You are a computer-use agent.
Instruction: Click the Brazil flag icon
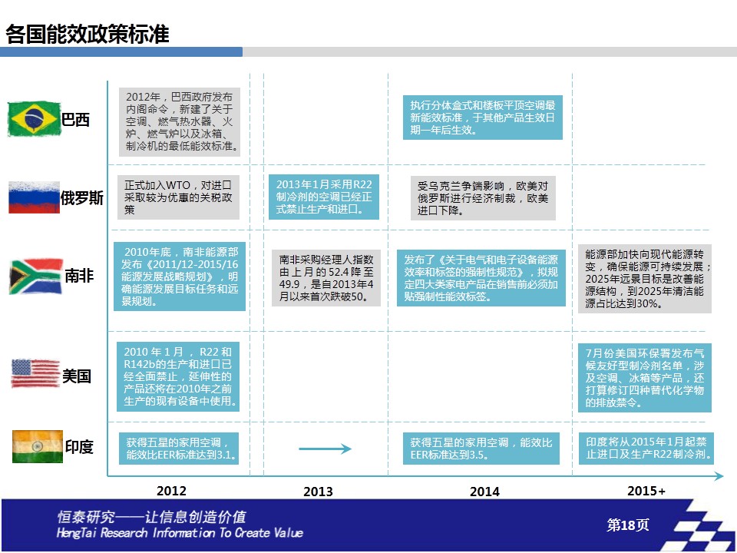pos(35,118)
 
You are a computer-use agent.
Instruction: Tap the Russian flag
pos(35,197)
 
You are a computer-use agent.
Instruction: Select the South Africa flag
pos(36,276)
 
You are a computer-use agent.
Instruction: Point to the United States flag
pos(35,373)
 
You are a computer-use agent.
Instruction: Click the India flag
pos(37,446)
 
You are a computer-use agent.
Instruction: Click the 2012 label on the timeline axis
pos(171,491)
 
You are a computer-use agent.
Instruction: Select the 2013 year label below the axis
pos(318,492)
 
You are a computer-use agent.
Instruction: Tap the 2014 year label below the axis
pos(484,492)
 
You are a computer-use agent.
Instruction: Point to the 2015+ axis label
pos(646,491)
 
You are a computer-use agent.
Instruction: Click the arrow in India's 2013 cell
pos(325,449)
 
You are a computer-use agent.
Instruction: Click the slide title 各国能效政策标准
pos(88,34)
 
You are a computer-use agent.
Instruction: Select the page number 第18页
pos(628,525)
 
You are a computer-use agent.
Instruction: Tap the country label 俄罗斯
pos(82,198)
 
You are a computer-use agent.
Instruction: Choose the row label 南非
pos(79,276)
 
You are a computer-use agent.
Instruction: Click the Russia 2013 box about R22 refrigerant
pos(324,197)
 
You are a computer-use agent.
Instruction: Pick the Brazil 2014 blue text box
pos(483,118)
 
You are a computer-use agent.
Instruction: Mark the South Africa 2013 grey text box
pos(326,278)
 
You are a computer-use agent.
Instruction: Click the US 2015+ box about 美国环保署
pos(645,378)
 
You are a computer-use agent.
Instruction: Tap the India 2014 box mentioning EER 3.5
pos(481,449)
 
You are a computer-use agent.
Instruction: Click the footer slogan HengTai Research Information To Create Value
pos(180,533)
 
